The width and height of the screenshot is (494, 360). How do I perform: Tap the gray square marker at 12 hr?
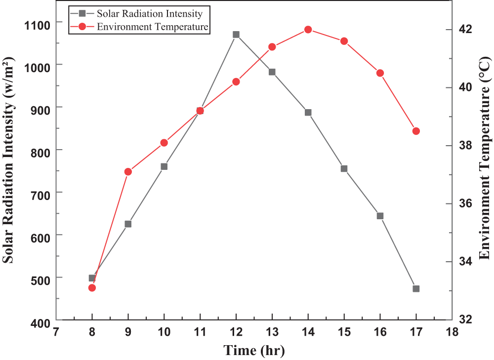coord(236,35)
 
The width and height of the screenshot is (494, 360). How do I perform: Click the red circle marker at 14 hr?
coord(308,30)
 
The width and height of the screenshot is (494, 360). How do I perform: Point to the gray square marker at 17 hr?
coord(416,289)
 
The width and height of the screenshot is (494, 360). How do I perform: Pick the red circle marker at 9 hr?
coord(128,172)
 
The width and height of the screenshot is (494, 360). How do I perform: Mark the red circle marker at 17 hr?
coord(416,131)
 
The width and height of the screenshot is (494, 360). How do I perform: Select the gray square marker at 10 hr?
coord(164,166)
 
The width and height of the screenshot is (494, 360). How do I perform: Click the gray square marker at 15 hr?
coord(344,168)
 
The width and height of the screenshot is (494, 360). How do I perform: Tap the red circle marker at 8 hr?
coord(92,288)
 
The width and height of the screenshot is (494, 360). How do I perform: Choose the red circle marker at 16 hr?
coord(380,73)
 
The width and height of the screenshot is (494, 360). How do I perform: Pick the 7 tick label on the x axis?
coord(56,331)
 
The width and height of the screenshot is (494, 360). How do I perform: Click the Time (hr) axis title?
coord(254,351)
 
